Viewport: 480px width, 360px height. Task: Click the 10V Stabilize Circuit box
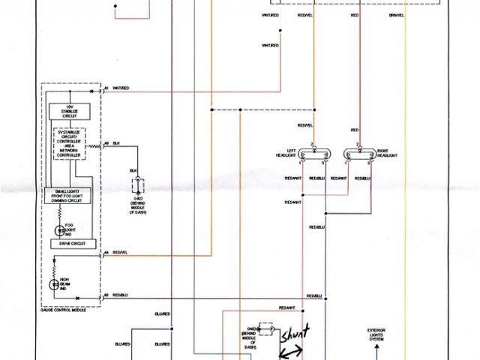tap(69, 112)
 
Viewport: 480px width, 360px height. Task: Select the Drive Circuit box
tap(69, 244)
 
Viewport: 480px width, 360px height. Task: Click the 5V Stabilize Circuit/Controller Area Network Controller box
tap(69, 143)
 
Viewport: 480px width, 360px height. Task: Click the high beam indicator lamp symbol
tap(55, 284)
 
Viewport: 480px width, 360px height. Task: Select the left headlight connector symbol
tap(313, 156)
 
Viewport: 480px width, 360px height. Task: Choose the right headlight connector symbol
tap(358, 156)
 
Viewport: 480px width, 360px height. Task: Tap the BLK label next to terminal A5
tap(116, 142)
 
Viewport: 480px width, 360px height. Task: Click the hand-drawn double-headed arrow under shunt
tap(290, 350)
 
